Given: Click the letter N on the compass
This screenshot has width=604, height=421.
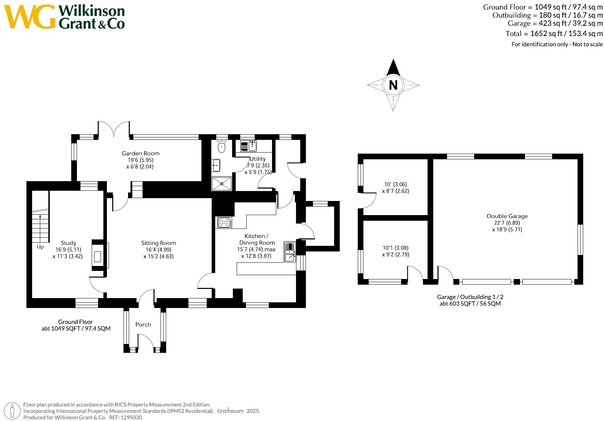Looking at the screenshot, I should (393, 85).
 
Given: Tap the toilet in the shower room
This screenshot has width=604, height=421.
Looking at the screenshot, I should (222, 146).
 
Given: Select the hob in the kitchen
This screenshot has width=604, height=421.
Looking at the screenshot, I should (224, 222).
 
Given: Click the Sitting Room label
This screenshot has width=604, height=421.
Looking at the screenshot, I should (158, 243).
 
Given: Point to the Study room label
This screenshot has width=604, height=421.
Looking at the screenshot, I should (68, 243).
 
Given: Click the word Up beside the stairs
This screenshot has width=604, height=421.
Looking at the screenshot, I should (40, 247).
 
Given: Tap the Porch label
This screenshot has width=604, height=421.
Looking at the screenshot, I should (143, 325).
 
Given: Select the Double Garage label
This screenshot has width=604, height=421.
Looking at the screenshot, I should (507, 216).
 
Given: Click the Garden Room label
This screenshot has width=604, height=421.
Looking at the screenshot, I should (140, 153).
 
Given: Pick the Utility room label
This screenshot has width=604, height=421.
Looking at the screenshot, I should (258, 159).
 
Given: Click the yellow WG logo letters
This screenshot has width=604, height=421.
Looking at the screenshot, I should (30, 17).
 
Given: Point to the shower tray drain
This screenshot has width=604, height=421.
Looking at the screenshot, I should (222, 184).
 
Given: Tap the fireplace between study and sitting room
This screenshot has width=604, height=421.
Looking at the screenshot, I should (98, 256).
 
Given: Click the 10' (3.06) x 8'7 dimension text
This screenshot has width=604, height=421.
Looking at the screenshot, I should (395, 188).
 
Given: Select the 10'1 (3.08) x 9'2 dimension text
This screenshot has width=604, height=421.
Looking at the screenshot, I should (395, 251).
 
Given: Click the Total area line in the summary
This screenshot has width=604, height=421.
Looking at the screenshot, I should (554, 34).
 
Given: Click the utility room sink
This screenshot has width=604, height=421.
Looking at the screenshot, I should (253, 145).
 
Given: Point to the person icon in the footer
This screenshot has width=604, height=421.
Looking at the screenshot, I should (13, 411).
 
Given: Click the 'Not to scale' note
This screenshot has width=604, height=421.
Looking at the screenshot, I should (587, 44).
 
